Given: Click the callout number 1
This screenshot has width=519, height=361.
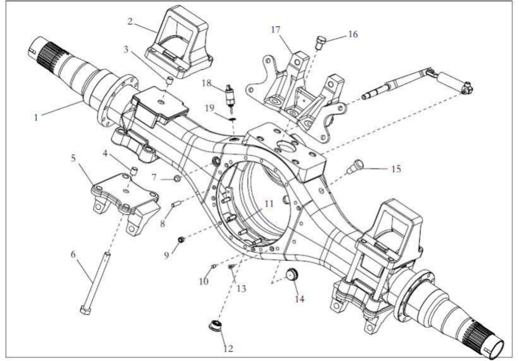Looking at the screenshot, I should coord(36,117).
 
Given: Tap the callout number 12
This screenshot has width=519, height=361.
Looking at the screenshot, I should coord(228,348).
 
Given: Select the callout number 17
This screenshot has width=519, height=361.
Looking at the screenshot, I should coord(276,29).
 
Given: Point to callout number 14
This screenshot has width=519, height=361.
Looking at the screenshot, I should coord(299,299).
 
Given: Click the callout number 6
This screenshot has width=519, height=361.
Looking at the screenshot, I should coord(73,254).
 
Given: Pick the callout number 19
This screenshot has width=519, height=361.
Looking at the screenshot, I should coord(210,108).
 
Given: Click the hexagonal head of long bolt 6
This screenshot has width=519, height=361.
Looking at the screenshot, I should coord(86,310).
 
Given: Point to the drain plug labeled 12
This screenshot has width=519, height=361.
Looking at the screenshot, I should coord(214,325).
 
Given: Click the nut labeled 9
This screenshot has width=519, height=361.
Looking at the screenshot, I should coord(181,240).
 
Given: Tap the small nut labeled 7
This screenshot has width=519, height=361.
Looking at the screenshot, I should coord(177,179).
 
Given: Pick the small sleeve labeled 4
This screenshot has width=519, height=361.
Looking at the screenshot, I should coord(133,171).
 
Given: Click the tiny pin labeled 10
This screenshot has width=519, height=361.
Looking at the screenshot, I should coord(213,267).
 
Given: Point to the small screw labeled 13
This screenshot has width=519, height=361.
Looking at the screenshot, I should coord(231,267).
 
